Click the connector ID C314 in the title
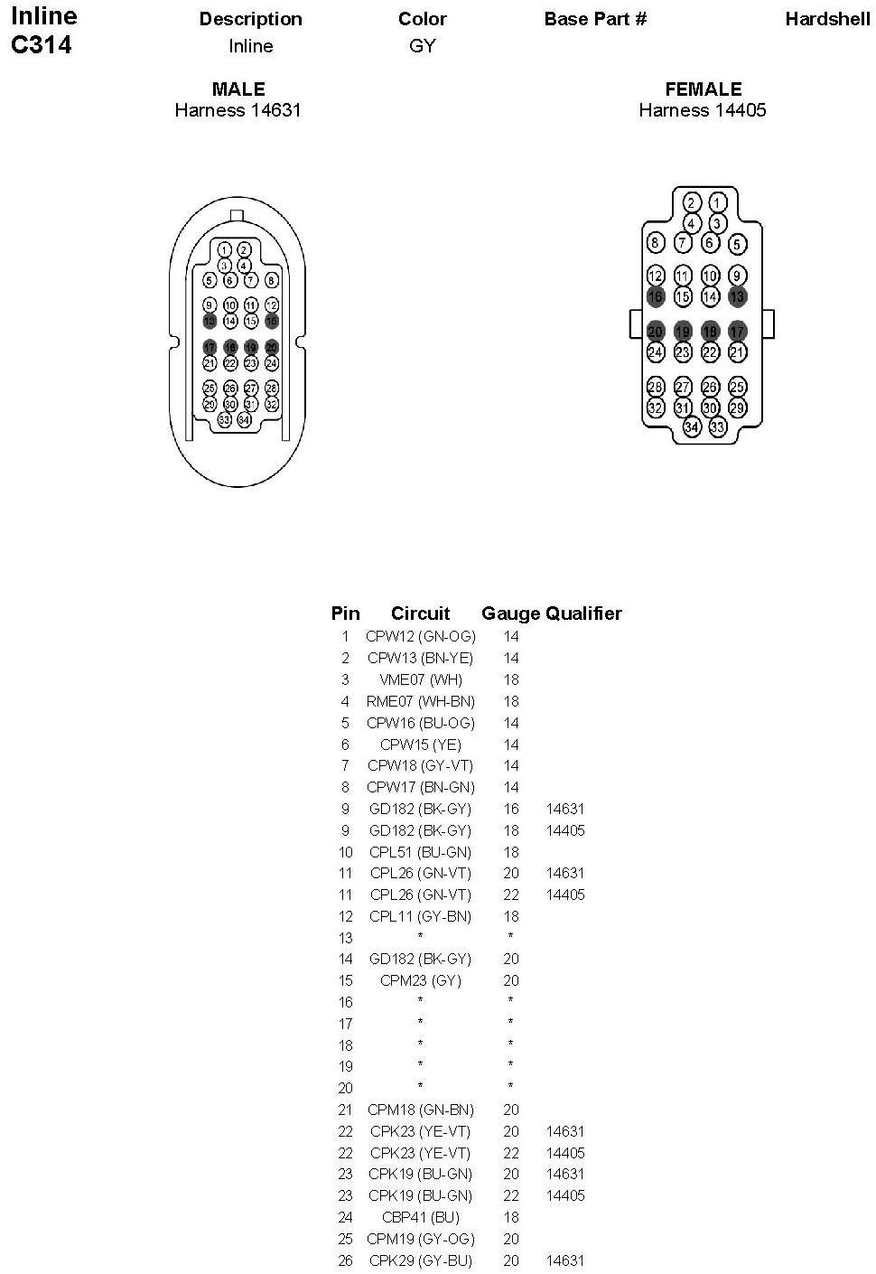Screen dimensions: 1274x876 (x=42, y=45)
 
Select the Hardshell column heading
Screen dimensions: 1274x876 (x=827, y=19)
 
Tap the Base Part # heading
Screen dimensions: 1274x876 (x=595, y=19)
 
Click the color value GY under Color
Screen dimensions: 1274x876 (x=423, y=46)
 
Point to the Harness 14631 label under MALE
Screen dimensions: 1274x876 (x=238, y=110)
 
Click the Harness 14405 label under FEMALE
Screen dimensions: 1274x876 (x=703, y=110)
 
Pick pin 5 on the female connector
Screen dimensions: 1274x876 (x=738, y=243)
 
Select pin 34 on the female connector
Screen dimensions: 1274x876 (x=692, y=426)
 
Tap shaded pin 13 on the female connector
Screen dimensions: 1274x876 (x=738, y=296)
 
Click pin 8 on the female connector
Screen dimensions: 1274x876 (x=657, y=242)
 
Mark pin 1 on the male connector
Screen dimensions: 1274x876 (x=225, y=249)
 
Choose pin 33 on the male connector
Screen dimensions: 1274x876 (x=225, y=419)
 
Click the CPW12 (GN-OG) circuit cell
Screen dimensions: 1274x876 (x=420, y=636)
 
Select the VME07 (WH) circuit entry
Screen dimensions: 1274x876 (x=420, y=679)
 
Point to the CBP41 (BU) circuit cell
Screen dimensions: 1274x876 (x=420, y=1217)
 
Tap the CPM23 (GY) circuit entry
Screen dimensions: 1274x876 (x=420, y=980)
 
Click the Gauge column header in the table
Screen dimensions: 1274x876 (x=510, y=614)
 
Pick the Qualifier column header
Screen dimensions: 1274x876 (x=583, y=614)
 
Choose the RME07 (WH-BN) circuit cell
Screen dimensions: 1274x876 (x=420, y=701)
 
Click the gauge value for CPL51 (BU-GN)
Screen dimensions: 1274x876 (x=511, y=852)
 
